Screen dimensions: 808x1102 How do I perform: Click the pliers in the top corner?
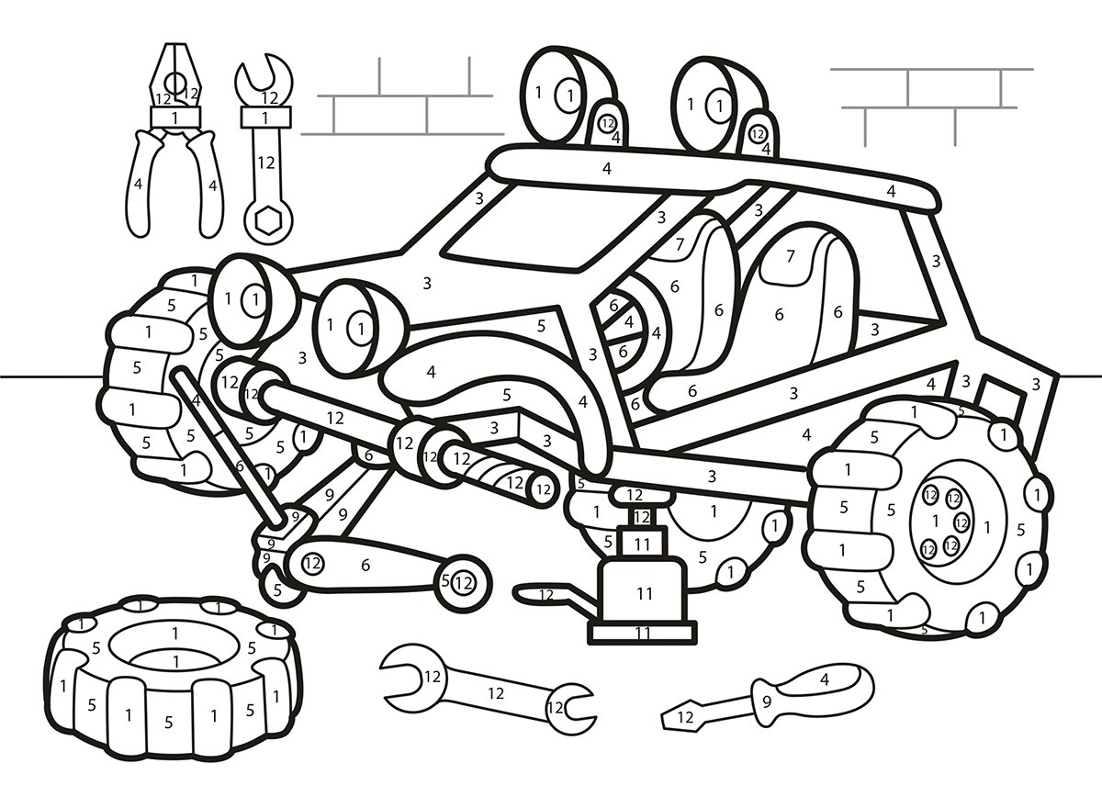(174, 147)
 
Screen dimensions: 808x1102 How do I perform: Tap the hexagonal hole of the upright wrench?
(268, 219)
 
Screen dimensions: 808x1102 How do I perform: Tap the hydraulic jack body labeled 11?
(644, 593)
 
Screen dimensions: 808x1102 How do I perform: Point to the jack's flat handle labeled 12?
(546, 594)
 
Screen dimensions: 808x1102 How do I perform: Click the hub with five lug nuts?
(946, 523)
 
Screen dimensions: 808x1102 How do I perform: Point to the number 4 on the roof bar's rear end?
(891, 191)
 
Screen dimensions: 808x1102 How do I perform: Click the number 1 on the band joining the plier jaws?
(175, 117)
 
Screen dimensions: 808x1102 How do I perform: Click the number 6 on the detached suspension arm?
(365, 566)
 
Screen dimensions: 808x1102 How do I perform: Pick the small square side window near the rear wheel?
(992, 395)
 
